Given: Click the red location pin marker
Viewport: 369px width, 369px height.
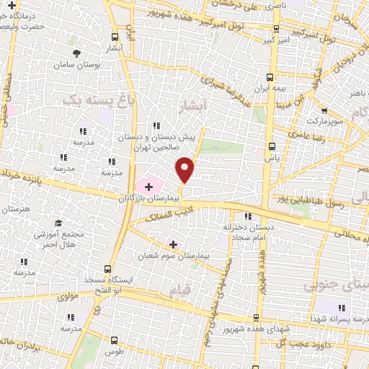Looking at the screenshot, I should pyautogui.click(x=185, y=169).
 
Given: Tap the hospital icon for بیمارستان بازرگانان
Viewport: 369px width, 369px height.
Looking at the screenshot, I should pyautogui.click(x=148, y=187).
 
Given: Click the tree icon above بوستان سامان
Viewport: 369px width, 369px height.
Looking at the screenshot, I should pyautogui.click(x=78, y=53).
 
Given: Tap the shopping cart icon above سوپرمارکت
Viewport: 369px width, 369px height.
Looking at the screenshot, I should pyautogui.click(x=325, y=110).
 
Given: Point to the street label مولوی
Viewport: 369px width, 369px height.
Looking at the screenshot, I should pyautogui.click(x=66, y=296).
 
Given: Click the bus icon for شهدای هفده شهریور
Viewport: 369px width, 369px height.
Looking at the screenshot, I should pyautogui.click(x=254, y=317).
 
